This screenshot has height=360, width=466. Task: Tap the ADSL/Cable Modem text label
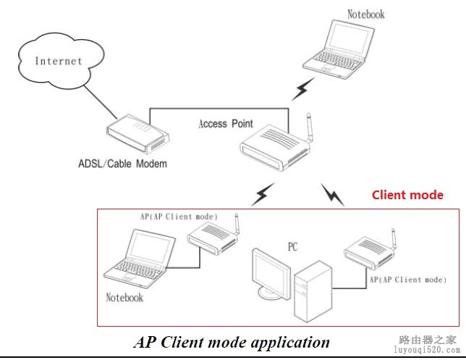(133, 164)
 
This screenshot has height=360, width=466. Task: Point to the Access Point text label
(226, 124)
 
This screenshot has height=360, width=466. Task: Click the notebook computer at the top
(340, 47)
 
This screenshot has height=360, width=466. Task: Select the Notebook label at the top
(366, 14)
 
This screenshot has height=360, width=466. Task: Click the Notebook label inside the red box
(124, 297)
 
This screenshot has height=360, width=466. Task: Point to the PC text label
(292, 247)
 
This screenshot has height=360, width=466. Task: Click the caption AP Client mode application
(232, 342)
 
